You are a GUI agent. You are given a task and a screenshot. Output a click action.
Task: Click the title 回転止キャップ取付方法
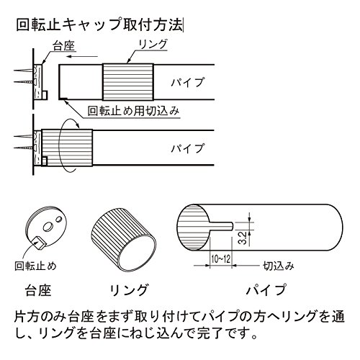(99, 24)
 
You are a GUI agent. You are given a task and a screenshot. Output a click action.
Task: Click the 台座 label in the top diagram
(64, 46)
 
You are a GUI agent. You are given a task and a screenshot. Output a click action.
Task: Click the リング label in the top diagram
(153, 45)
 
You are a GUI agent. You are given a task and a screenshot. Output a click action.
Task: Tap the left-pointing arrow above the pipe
(82, 57)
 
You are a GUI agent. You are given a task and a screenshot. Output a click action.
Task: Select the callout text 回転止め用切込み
(133, 111)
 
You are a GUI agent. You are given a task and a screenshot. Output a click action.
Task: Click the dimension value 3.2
(243, 238)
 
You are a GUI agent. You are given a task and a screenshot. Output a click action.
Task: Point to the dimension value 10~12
(221, 259)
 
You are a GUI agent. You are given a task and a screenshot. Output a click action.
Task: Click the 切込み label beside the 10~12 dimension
(279, 266)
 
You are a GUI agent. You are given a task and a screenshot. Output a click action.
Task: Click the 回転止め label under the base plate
(35, 266)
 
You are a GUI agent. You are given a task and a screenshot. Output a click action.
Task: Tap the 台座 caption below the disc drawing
(38, 290)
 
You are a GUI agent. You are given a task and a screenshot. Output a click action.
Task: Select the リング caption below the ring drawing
(129, 289)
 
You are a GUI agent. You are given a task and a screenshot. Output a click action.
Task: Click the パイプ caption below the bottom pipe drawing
(266, 289)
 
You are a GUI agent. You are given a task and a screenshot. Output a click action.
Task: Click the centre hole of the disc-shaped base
(48, 226)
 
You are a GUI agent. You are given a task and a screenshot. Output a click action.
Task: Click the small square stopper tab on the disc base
(38, 242)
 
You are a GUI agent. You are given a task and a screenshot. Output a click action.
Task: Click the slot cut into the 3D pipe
(221, 225)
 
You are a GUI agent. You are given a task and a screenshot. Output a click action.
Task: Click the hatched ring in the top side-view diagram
(128, 82)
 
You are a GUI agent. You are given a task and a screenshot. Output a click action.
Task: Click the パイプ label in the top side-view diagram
(187, 82)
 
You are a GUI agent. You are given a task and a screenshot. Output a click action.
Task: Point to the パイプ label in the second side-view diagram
(187, 148)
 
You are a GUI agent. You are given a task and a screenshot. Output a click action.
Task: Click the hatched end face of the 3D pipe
(193, 227)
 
